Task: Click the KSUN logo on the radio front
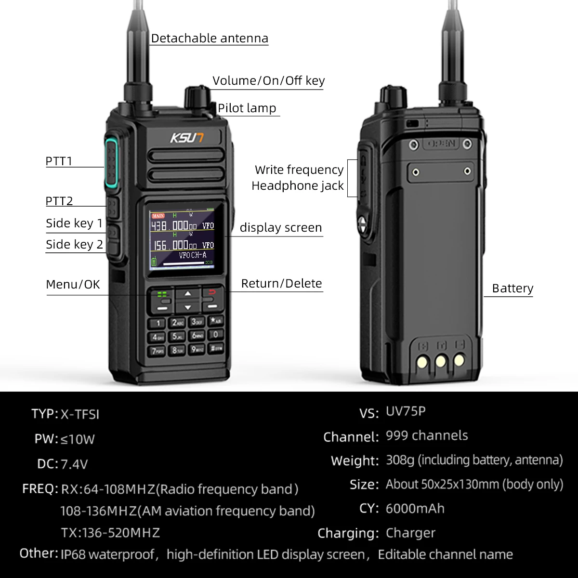[187, 138]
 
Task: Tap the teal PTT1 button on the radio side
[111, 164]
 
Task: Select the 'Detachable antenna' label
[210, 39]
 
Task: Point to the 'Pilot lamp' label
[247, 108]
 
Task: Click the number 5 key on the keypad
[178, 337]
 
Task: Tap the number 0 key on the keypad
[216, 334]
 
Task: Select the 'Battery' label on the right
[512, 289]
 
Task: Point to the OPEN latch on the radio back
[441, 144]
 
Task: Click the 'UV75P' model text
[406, 411]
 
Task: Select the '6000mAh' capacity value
[415, 509]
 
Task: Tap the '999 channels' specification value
[427, 436]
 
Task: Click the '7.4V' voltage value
[74, 464]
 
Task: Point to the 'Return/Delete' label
[281, 284]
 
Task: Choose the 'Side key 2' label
[74, 245]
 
